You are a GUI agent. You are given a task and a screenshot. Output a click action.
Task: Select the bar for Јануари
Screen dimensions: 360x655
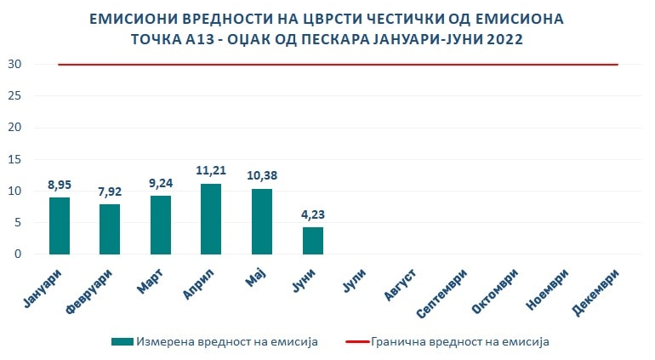pos(60,226)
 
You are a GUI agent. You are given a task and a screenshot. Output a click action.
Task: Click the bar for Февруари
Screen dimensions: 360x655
pos(110,229)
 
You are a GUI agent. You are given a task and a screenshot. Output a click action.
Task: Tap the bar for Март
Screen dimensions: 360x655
pos(161,225)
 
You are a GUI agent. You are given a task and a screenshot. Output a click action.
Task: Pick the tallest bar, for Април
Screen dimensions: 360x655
pos(211,219)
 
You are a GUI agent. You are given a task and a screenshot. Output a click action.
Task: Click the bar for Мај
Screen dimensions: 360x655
pos(262,221)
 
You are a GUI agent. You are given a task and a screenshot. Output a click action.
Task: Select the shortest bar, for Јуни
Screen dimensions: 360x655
pos(313,241)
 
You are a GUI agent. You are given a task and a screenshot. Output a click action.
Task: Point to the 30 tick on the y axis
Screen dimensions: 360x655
pos(14,65)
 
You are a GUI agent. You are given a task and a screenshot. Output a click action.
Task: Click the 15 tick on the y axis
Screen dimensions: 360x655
pos(14,159)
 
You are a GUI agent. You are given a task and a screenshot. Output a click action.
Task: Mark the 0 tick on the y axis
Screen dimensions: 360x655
pos(18,254)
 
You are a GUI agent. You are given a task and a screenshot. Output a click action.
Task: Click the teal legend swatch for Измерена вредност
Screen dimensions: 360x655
pos(122,341)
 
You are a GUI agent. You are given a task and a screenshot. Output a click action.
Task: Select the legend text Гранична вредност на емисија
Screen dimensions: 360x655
pos(460,341)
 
